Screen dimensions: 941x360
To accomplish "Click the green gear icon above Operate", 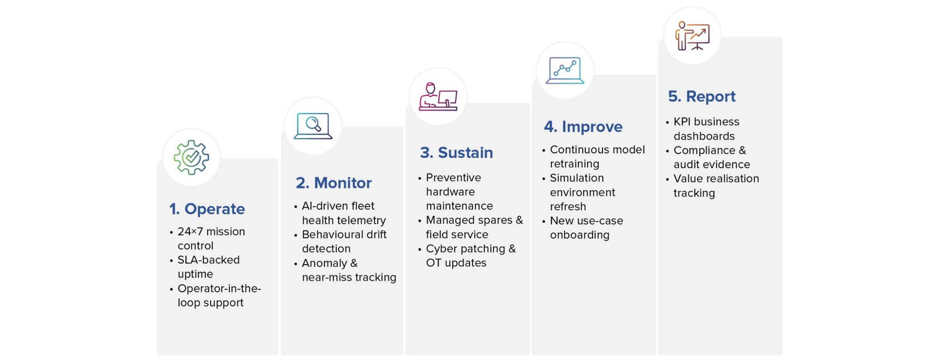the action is click(x=191, y=157).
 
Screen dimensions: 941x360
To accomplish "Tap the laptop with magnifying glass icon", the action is click(x=313, y=126).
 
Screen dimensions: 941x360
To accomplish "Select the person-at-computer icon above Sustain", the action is click(x=438, y=96).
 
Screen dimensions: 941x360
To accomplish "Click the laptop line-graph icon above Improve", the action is click(x=565, y=70).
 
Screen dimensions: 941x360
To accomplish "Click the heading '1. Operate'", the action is click(x=207, y=209).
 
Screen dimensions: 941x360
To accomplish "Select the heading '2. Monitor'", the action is click(x=334, y=183).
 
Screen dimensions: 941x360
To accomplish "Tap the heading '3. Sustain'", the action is click(x=457, y=153).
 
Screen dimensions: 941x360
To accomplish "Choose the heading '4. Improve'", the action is click(x=583, y=127).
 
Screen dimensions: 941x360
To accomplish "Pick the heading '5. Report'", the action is click(x=702, y=96).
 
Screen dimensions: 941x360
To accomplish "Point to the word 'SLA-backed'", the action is click(x=209, y=260).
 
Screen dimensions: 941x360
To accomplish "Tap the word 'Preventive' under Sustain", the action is click(x=453, y=177).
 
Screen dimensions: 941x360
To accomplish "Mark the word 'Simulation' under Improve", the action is click(x=577, y=178).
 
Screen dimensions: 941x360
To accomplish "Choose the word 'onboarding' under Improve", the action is click(x=580, y=235).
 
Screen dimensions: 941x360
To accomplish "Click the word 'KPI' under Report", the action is click(x=682, y=122).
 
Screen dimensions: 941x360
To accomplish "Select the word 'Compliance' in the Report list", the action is click(x=704, y=151).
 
